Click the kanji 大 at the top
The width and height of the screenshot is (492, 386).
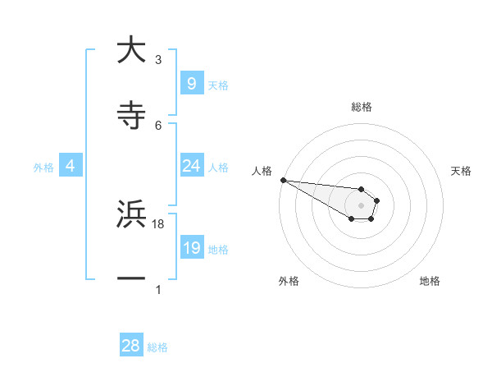tap(131, 51)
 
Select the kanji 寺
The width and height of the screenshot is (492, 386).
tap(131, 116)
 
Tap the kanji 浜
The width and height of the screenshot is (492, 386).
tap(131, 215)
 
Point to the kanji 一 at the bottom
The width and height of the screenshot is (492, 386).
tap(131, 279)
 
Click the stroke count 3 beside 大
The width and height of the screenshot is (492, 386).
tap(158, 60)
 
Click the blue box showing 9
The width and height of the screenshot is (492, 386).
tap(191, 83)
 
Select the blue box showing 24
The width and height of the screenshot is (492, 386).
tap(191, 166)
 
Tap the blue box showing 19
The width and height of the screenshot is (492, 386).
tap(191, 248)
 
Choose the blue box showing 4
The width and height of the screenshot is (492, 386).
tap(71, 166)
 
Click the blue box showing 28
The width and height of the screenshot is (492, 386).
tap(131, 346)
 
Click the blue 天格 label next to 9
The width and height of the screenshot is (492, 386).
tap(218, 85)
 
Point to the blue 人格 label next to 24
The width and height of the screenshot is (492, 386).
tap(218, 167)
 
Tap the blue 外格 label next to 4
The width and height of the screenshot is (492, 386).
tap(43, 167)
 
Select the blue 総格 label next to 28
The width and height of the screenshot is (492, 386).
tap(157, 347)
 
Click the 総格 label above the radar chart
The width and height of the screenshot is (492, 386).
tap(362, 107)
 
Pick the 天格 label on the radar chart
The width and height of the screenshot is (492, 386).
tap(461, 171)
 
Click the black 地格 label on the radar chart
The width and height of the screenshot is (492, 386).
tap(430, 281)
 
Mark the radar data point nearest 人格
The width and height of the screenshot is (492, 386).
tap(283, 180)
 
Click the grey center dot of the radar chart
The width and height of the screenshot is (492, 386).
tap(361, 205)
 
